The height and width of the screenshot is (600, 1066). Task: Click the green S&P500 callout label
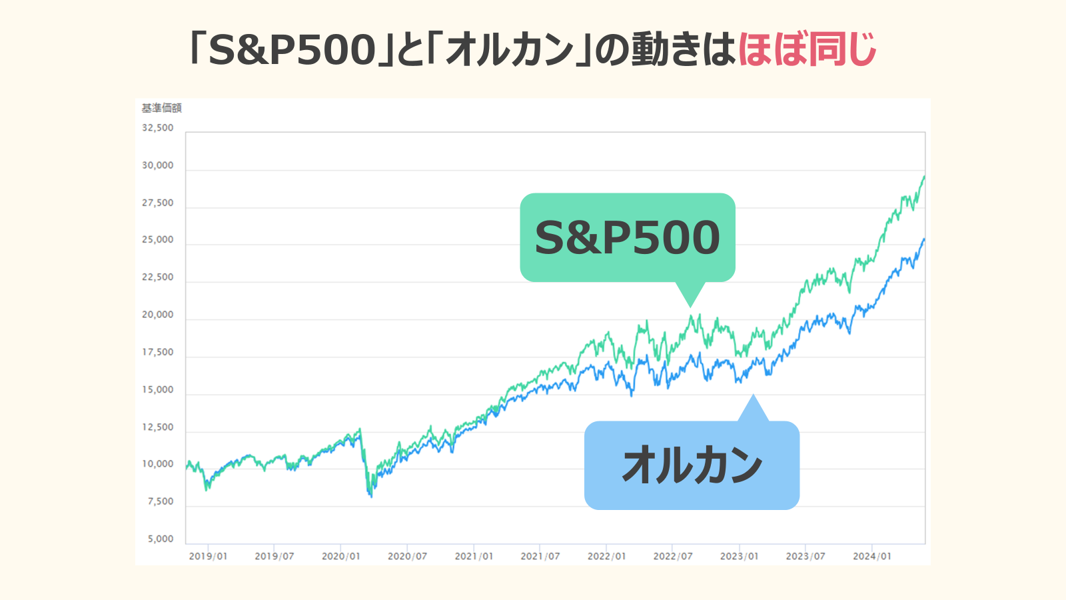[x=627, y=237]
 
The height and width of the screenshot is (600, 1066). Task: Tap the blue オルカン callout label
[x=692, y=465]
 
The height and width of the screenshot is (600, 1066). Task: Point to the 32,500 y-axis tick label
[x=158, y=127]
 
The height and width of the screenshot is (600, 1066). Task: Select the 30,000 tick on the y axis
[x=158, y=165]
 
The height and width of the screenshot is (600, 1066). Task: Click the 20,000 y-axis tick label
[x=158, y=315]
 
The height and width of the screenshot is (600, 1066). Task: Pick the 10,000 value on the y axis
[x=158, y=464]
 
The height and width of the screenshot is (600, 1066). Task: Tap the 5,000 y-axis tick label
[x=161, y=539]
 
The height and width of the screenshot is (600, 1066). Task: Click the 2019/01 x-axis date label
[x=208, y=556]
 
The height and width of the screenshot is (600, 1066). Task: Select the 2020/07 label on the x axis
[x=407, y=556]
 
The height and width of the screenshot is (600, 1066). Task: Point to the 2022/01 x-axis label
[x=606, y=556]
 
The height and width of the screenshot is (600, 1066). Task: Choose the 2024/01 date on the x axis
[x=871, y=556]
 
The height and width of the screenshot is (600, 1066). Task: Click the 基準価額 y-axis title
[x=161, y=108]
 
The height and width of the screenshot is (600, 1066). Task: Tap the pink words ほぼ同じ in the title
[x=807, y=50]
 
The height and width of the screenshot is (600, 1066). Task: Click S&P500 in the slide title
[x=292, y=50]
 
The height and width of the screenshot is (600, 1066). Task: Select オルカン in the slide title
[x=510, y=50]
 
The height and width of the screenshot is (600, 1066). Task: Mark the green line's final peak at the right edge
[x=924, y=176]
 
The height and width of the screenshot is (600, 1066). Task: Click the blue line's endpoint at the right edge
[x=924, y=239]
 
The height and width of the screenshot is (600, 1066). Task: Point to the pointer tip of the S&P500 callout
[x=691, y=307]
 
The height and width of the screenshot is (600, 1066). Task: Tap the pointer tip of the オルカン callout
[x=754, y=395]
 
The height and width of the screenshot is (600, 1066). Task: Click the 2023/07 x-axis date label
[x=805, y=556]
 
